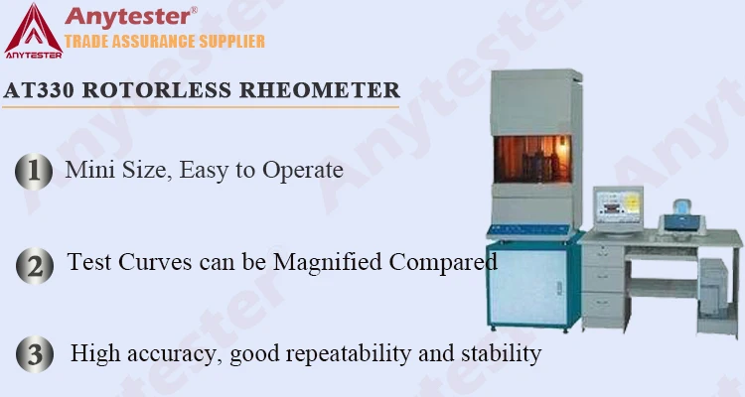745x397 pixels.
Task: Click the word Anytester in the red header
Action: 127,16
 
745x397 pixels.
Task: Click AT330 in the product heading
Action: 39,89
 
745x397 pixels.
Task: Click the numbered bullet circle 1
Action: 34,171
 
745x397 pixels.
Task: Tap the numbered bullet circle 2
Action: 34,265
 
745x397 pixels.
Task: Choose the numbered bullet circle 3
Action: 34,354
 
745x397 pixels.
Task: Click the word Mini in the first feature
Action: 86,170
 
